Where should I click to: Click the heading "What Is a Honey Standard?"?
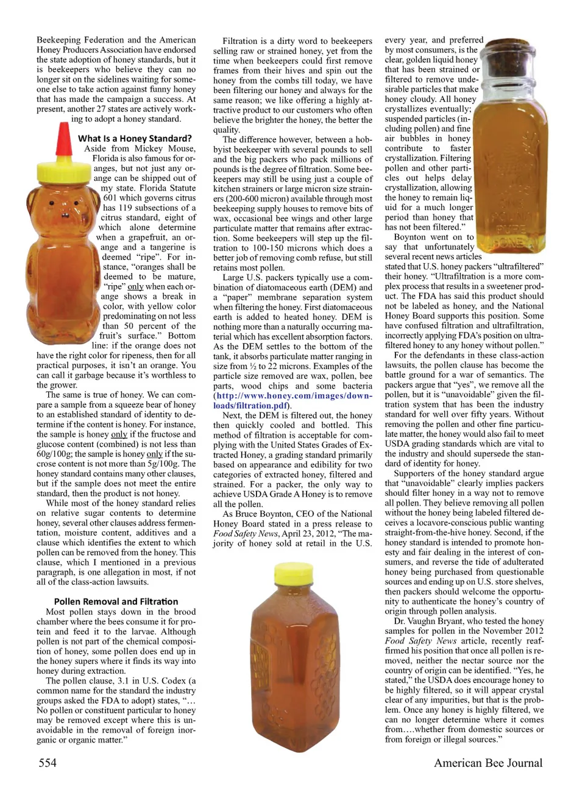(135, 138)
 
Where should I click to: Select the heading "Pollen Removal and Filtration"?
(116, 601)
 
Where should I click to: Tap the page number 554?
(48, 763)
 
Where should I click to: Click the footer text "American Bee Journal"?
(488, 763)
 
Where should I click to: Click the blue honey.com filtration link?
(292, 400)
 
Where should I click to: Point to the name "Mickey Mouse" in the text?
(165, 148)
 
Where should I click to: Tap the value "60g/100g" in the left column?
(54, 454)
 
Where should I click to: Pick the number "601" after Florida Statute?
(110, 197)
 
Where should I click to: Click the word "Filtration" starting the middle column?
(239, 41)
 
